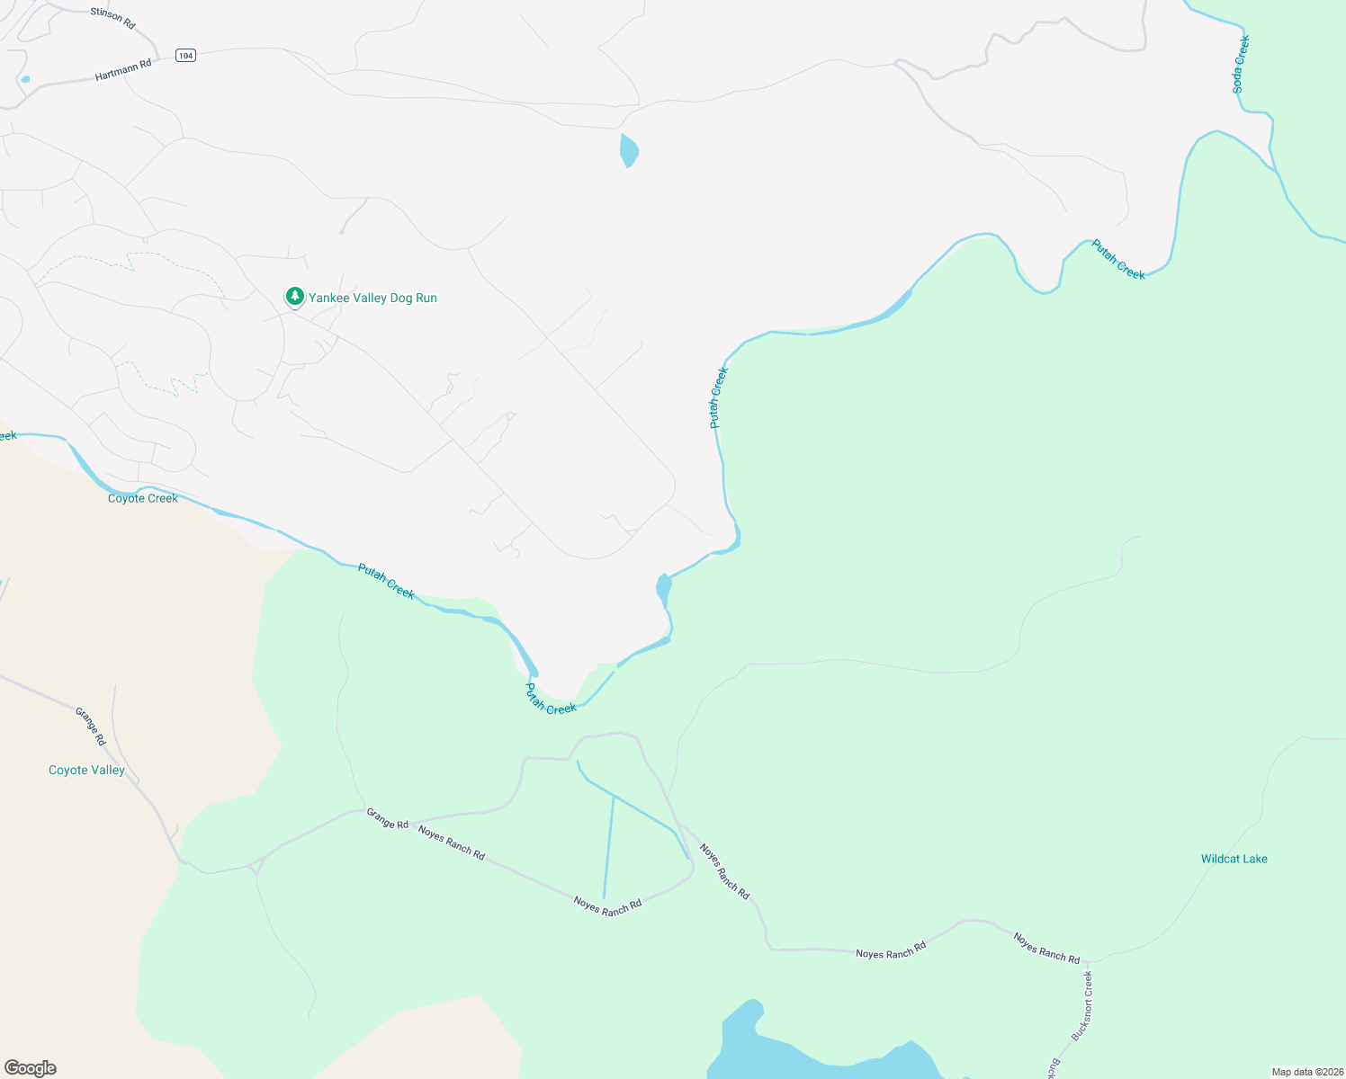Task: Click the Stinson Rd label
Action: pyautogui.click(x=112, y=18)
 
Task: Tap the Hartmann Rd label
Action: pyautogui.click(x=123, y=70)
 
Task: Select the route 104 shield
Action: pyautogui.click(x=185, y=56)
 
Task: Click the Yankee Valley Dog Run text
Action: pyautogui.click(x=372, y=298)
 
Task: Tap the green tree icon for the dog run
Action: pyautogui.click(x=294, y=296)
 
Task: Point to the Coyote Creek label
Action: pyautogui.click(x=143, y=498)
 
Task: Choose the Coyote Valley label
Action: pyautogui.click(x=86, y=770)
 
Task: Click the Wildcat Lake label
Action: pyautogui.click(x=1234, y=859)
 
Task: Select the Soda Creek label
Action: pyautogui.click(x=1241, y=64)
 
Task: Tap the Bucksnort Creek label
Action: pyautogui.click(x=1081, y=1005)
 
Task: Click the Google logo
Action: pyautogui.click(x=31, y=1067)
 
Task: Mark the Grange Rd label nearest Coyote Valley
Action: pyautogui.click(x=90, y=727)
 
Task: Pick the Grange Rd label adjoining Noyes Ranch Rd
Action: pyautogui.click(x=387, y=818)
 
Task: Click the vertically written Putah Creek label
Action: pyautogui.click(x=718, y=397)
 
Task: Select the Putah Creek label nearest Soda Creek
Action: pyautogui.click(x=1118, y=259)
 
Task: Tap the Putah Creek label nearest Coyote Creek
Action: pyautogui.click(x=386, y=581)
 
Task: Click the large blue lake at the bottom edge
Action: pyautogui.click(x=810, y=1052)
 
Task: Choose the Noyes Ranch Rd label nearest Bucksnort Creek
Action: pyautogui.click(x=1046, y=948)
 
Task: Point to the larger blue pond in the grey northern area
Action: pyautogui.click(x=629, y=150)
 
